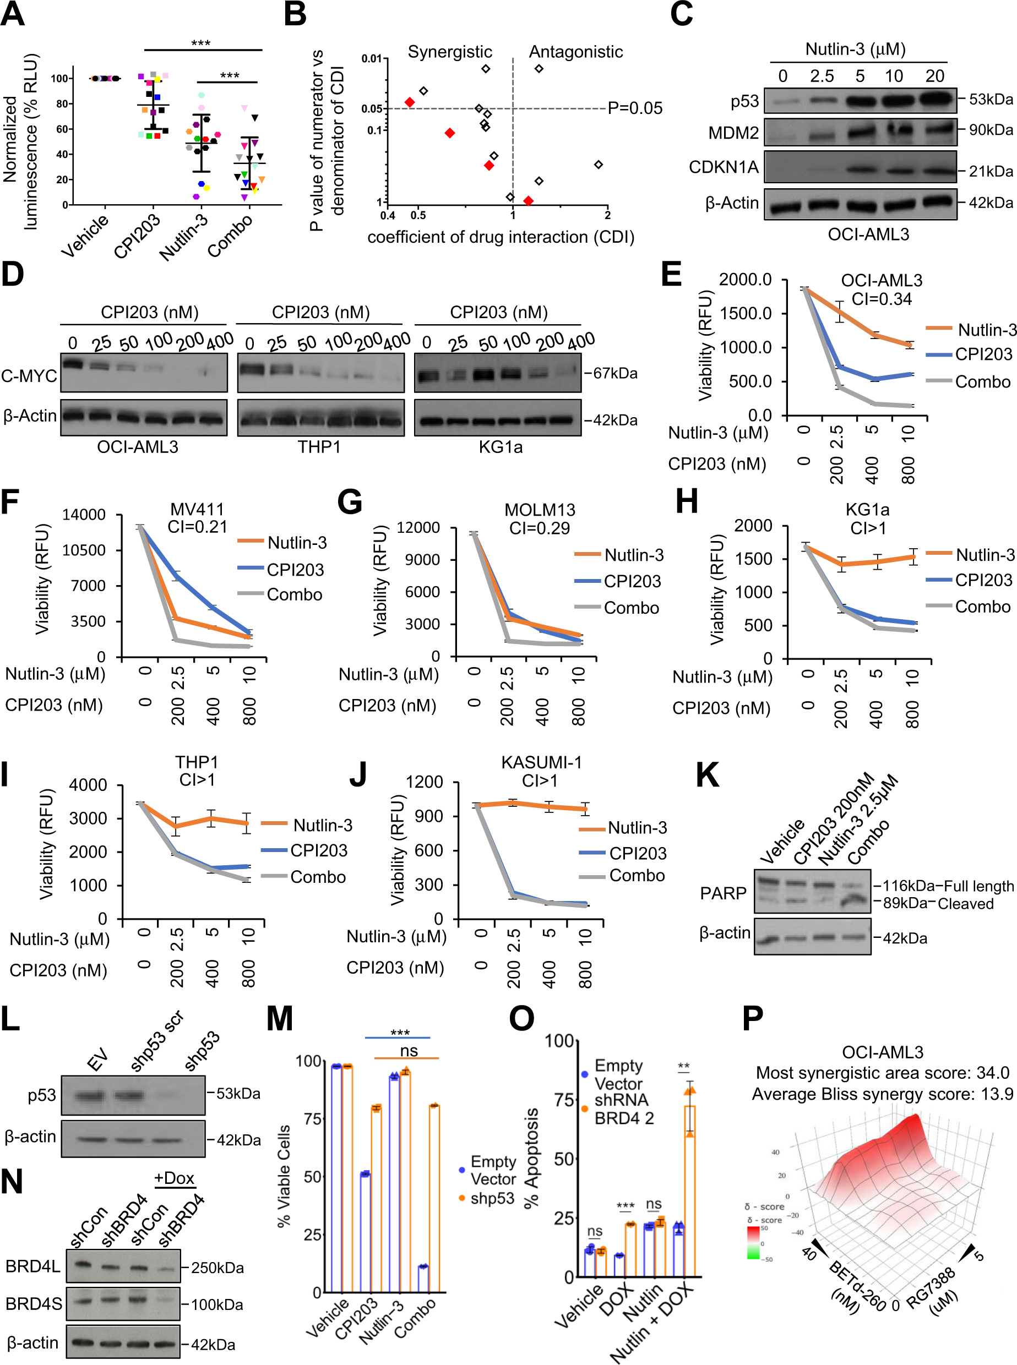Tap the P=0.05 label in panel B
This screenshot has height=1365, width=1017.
pos(635,108)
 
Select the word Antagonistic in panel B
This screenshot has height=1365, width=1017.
pos(575,52)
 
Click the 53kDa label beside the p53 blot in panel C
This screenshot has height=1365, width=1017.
pos(990,99)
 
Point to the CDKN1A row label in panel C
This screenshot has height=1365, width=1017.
pos(724,167)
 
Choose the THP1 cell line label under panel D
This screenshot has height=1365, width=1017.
pos(319,447)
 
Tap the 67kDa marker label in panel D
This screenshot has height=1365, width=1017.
pos(614,373)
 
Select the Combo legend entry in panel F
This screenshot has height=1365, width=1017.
pos(293,594)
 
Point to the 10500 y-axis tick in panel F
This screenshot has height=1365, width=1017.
pos(84,550)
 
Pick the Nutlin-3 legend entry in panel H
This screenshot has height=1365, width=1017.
pos(984,555)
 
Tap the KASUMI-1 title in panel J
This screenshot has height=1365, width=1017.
pos(541,762)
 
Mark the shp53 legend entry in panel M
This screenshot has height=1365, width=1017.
pos(492,1198)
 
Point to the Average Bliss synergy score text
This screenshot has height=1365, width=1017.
pos(882,1094)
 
